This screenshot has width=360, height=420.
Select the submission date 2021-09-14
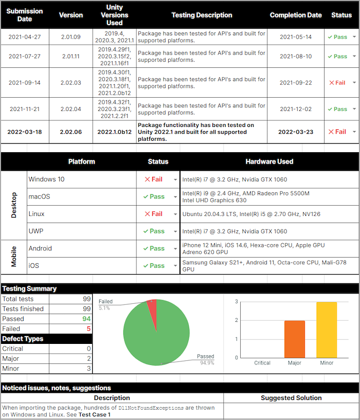coord(25,83)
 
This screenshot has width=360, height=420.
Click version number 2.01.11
coord(71,57)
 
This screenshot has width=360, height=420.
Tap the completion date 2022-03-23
coord(296,132)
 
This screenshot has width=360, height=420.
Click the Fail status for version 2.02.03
coord(337,83)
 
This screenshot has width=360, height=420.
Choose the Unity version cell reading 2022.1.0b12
coord(115,132)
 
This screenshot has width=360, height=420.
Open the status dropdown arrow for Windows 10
coord(175,180)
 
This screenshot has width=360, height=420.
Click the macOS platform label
coord(39,197)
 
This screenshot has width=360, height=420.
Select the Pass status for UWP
coord(154,231)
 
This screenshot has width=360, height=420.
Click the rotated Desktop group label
coord(14,205)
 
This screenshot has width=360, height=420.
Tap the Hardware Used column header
coord(269,161)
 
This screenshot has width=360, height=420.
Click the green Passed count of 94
coord(86,319)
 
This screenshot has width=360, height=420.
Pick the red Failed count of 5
coord(88,328)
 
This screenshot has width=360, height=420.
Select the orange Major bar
coord(295,339)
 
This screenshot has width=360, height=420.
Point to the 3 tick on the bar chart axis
coord(237,302)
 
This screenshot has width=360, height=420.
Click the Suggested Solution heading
coord(291,398)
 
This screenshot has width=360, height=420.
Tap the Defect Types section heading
coord(23,339)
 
